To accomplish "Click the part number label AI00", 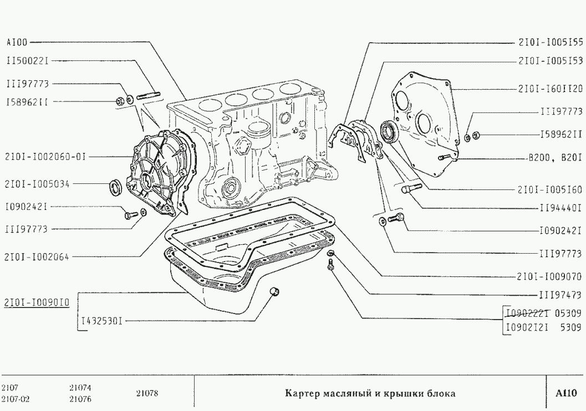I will [x=17, y=42].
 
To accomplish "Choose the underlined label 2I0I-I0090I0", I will [x=37, y=302].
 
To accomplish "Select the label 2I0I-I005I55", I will [x=550, y=42].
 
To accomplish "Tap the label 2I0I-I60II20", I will [x=550, y=88].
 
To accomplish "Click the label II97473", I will [x=559, y=295].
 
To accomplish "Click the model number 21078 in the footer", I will [x=147, y=394].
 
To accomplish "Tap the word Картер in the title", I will [x=302, y=394].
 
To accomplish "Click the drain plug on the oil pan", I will [x=273, y=292].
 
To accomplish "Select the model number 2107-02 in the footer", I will [x=14, y=399].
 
